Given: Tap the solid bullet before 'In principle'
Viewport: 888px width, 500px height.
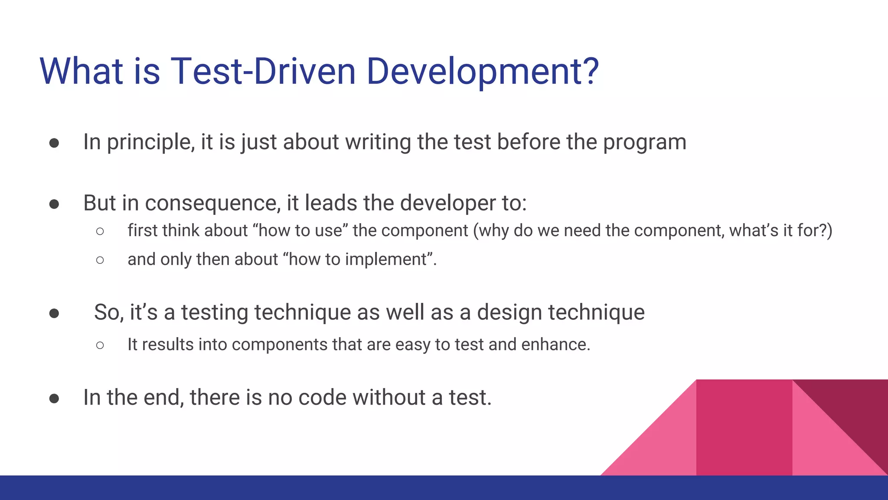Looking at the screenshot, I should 54,143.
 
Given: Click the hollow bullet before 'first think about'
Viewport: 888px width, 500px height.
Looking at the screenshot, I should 100,231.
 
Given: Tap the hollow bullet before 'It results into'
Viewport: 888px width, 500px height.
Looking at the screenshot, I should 100,345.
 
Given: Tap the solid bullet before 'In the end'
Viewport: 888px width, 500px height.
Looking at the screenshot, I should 54,398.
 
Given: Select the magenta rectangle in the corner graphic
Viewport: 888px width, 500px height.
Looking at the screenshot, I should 744,428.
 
